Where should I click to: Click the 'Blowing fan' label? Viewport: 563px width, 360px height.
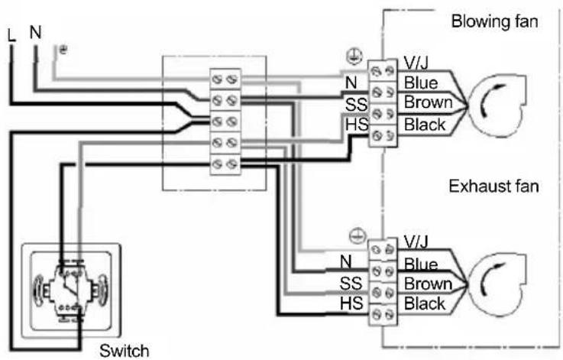coord(494,21)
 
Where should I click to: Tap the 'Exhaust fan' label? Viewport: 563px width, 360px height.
coord(493,186)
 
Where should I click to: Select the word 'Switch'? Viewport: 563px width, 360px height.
coord(125,350)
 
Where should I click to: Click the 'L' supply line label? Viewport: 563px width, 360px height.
coord(11,36)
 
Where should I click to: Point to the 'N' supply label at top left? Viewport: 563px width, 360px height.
coord(36,32)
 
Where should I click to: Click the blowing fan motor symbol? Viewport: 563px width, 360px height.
coord(497,105)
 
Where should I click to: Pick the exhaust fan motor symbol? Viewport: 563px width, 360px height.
coord(497,284)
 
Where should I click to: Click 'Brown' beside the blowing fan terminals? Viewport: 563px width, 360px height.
coord(428,102)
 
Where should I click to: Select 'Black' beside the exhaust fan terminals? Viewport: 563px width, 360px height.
coord(425,304)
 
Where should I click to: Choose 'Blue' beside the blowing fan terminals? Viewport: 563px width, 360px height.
coord(421,83)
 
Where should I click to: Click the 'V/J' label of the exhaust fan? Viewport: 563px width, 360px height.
coord(416,242)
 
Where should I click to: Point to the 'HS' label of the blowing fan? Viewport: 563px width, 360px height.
coord(357,125)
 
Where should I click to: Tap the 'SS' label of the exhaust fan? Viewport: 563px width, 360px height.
coord(351,284)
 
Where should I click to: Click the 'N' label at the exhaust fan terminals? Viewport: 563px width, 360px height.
coord(345,261)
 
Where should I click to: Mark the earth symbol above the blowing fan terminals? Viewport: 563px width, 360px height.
coord(354,57)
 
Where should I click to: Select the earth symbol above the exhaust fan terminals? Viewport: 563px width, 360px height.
coord(358,236)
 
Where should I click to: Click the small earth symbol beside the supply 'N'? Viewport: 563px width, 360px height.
coord(63,49)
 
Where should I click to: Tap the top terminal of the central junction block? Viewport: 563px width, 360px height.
coord(225,79)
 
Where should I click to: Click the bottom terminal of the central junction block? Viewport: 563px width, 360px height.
coord(225,164)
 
